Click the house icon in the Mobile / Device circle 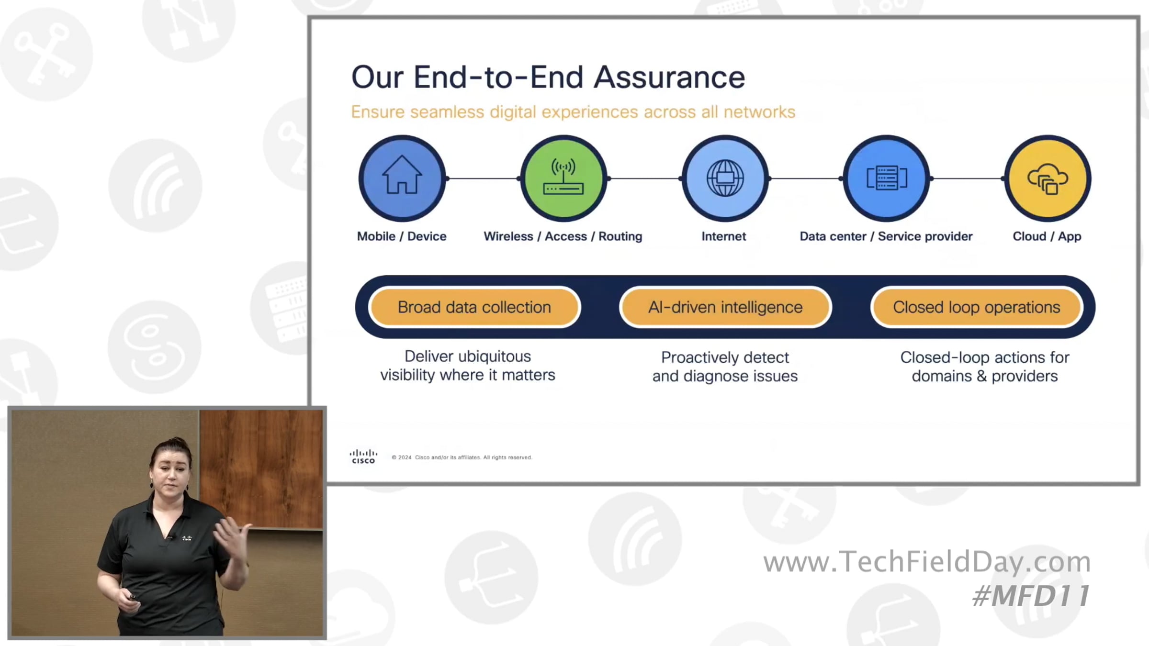point(402,175)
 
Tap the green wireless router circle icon point(563,178)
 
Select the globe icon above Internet point(725,178)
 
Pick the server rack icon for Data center point(887,178)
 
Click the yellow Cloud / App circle point(1048,178)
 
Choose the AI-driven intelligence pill point(725,307)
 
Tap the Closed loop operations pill point(977,307)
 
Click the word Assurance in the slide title point(669,77)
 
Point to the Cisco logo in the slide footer point(363,457)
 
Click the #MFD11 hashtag point(1031,596)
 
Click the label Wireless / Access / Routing point(563,236)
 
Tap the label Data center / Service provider point(886,236)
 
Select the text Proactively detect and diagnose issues point(725,367)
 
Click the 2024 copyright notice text point(462,457)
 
